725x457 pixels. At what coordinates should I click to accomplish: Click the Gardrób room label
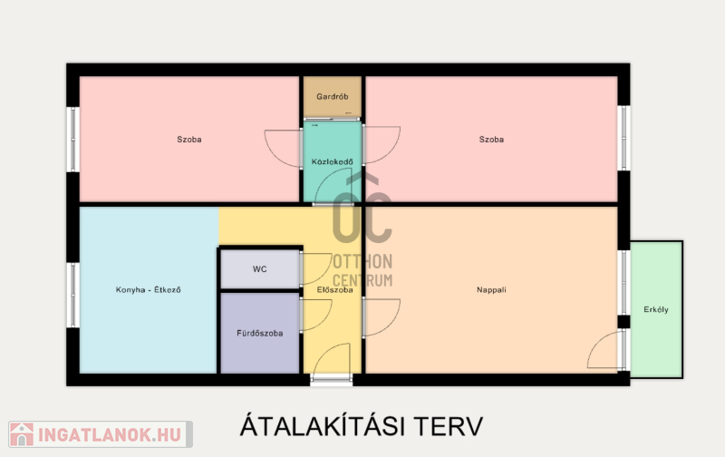(x=332, y=97)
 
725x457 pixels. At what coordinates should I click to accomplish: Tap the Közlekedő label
(x=332, y=162)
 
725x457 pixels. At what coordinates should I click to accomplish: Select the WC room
(x=260, y=269)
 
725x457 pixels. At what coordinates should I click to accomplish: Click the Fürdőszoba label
(x=260, y=333)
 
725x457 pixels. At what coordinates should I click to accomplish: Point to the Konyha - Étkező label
(x=148, y=290)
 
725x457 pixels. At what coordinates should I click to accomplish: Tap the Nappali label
(x=491, y=290)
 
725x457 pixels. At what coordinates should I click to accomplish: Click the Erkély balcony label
(x=656, y=309)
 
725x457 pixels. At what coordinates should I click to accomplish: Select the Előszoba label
(x=334, y=290)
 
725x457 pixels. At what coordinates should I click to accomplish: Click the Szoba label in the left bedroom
(x=189, y=140)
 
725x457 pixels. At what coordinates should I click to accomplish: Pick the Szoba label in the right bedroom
(x=491, y=140)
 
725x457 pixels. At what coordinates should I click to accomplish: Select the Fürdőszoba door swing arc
(x=325, y=319)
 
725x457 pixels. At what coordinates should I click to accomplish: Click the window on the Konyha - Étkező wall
(x=73, y=295)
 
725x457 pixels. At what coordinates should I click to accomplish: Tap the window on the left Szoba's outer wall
(x=73, y=140)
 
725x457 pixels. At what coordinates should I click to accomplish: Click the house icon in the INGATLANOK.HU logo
(x=22, y=434)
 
